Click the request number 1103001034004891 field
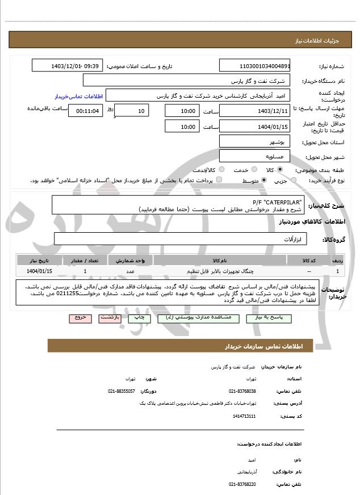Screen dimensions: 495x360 click(254, 66)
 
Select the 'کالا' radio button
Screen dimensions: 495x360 click(280, 170)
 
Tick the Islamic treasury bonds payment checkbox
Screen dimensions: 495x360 click(220, 181)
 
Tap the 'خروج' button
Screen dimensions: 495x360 click(80, 318)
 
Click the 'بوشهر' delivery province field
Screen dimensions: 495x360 click(254, 141)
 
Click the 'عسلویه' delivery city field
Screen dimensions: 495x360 click(254, 156)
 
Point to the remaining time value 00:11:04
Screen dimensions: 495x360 click(85, 111)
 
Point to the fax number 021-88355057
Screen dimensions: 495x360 click(122, 391)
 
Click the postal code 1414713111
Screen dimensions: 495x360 click(244, 416)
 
